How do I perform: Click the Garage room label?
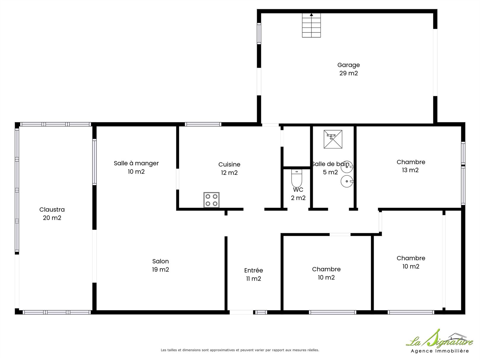pos(348,69)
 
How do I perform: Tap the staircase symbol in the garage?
pos(311,25)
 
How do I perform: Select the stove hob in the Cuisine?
pos(212,200)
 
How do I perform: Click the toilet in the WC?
pos(297,178)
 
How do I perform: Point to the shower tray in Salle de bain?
pos(333,139)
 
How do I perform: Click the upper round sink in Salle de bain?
pos(347,167)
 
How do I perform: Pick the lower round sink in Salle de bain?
pos(347,181)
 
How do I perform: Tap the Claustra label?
pos(52,214)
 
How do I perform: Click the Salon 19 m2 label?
pos(161,265)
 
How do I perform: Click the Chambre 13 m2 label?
pos(411,166)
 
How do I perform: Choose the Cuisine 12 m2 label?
pos(229,168)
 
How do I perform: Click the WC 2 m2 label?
pos(298,194)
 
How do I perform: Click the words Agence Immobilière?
pos(440,351)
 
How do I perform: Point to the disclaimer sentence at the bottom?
pos(240,350)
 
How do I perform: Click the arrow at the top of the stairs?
pos(311,15)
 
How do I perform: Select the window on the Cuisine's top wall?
pos(203,124)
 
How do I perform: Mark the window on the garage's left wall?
pos(259,33)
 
